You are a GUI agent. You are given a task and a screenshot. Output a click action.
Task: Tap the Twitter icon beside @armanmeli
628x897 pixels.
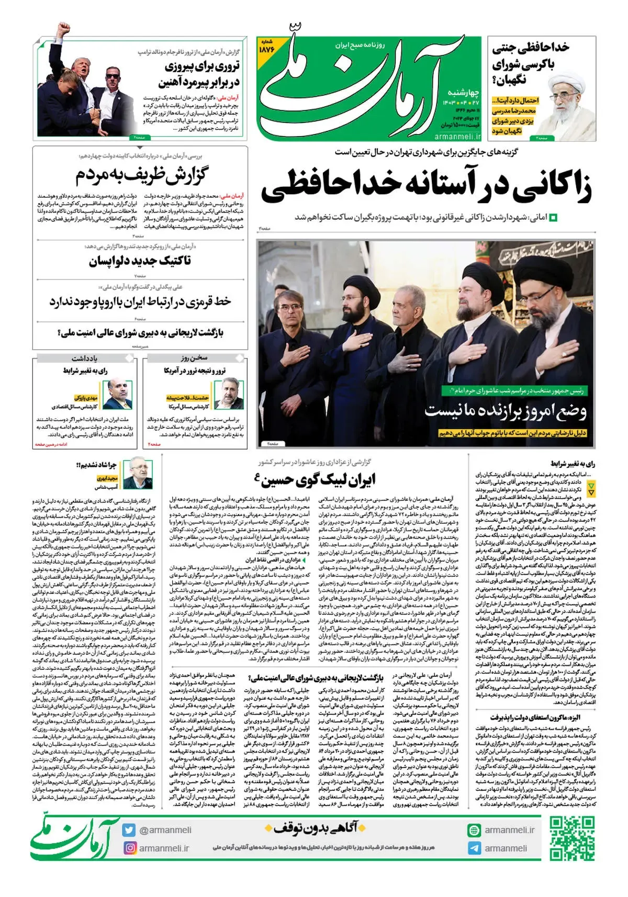coord(129,830)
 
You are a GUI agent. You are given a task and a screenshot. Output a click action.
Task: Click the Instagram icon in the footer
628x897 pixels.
coord(130,848)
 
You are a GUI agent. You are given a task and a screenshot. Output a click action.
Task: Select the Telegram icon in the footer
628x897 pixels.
coord(474,848)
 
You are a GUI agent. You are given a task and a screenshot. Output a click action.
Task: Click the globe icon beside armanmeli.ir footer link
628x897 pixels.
coord(474,830)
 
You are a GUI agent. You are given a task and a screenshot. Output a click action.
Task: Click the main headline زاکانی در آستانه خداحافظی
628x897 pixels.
coord(427,186)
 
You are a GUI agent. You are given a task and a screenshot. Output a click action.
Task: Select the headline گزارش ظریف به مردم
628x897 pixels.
coord(141,175)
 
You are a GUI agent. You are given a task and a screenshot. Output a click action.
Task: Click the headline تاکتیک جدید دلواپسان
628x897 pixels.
coord(140,261)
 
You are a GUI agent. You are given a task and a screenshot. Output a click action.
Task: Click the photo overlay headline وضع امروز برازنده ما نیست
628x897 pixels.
coord(505,410)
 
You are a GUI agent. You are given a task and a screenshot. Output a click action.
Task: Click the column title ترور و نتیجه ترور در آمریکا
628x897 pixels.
coord(194,371)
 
